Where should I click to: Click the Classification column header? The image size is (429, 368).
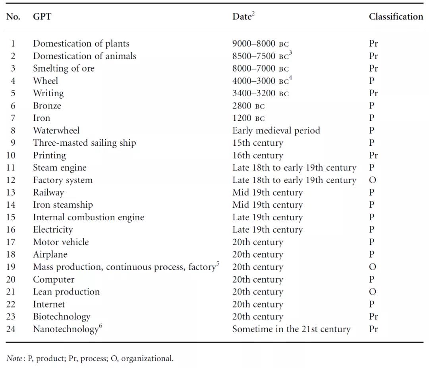(396, 16)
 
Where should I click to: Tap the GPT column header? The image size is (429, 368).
(42, 16)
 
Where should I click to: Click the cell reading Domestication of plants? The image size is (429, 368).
(81, 43)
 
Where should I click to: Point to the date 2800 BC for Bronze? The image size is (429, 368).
(248, 106)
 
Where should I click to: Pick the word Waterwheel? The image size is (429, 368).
(56, 130)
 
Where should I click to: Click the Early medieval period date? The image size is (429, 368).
(276, 131)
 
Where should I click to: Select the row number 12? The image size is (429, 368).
(11, 180)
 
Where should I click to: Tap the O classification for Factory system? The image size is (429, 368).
(372, 180)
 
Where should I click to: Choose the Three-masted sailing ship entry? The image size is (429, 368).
(85, 143)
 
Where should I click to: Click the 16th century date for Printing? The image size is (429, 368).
(258, 155)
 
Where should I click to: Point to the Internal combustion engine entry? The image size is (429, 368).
(89, 217)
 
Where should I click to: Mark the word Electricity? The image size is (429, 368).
(53, 230)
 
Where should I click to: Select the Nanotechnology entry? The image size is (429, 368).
(68, 328)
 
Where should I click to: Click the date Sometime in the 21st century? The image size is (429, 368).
(292, 329)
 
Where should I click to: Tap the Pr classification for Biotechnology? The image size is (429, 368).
(373, 316)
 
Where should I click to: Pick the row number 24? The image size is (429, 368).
(11, 329)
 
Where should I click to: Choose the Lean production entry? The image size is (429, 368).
(66, 292)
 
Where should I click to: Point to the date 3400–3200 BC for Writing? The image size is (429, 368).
(261, 93)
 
